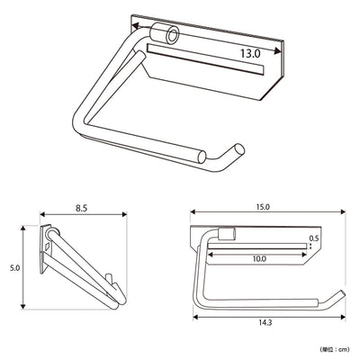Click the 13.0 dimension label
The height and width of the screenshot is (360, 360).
(250, 54)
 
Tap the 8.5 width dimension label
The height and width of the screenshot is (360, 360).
(81, 209)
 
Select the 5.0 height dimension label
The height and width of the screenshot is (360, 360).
(14, 268)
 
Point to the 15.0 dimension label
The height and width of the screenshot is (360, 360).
(263, 207)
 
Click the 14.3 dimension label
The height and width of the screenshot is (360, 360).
(265, 323)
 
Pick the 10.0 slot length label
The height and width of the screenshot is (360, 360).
(259, 258)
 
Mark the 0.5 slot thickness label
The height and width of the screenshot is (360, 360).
(314, 238)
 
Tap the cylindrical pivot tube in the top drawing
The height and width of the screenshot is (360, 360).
(165, 33)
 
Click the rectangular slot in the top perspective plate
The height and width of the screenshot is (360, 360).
(205, 59)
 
